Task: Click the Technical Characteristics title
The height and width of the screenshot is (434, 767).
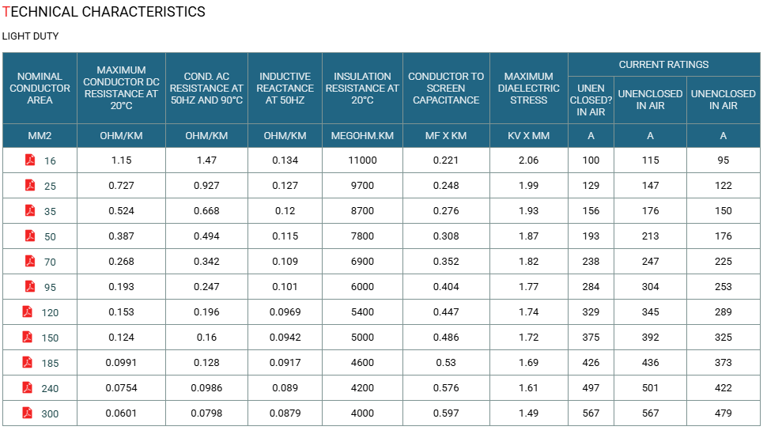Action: pyautogui.click(x=104, y=12)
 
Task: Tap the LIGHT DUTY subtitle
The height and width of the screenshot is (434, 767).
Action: pyautogui.click(x=30, y=36)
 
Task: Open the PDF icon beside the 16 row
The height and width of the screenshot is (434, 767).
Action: pyautogui.click(x=30, y=160)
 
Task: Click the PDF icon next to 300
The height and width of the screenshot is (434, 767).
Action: pyautogui.click(x=28, y=413)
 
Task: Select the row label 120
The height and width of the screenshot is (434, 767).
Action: pyautogui.click(x=50, y=313)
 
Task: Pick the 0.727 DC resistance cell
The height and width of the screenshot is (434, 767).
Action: pyautogui.click(x=121, y=186)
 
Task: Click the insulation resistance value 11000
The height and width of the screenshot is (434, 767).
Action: pyautogui.click(x=362, y=160)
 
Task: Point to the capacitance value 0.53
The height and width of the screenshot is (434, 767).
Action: pyautogui.click(x=446, y=363)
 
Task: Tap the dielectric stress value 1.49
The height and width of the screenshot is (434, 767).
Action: pyautogui.click(x=529, y=413)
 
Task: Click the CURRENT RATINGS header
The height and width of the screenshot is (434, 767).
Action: pyautogui.click(x=663, y=65)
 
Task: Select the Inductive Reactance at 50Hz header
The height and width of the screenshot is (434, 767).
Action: pyautogui.click(x=285, y=88)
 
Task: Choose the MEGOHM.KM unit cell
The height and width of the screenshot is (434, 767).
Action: pyautogui.click(x=362, y=135)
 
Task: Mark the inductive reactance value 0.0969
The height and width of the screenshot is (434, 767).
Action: pyautogui.click(x=285, y=312)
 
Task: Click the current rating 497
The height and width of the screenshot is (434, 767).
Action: pyautogui.click(x=591, y=388)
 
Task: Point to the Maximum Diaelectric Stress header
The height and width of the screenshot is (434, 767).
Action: pyautogui.click(x=529, y=88)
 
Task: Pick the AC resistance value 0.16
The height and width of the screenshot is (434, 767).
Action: pyautogui.click(x=206, y=338)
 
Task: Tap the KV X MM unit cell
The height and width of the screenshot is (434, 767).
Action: pyautogui.click(x=529, y=135)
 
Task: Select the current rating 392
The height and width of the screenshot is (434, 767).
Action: pyautogui.click(x=651, y=338)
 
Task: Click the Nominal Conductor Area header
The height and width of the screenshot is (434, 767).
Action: pyautogui.click(x=40, y=88)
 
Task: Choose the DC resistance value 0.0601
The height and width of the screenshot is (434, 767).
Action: pyautogui.click(x=121, y=413)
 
